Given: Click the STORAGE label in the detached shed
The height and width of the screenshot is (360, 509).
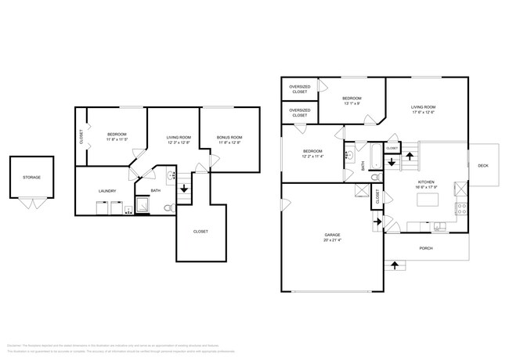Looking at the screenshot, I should coord(31,178).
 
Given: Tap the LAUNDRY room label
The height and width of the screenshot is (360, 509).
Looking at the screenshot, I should coord(107,191).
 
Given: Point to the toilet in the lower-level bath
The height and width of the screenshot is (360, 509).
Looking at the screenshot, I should coord(168,207).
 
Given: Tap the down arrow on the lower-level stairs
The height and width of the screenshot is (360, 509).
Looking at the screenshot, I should coord(185,189).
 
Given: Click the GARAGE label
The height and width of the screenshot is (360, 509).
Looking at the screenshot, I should coord(333,236).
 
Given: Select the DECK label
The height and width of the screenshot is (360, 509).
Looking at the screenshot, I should coord(483,166).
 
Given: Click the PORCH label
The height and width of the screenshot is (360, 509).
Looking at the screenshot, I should coord(426,248).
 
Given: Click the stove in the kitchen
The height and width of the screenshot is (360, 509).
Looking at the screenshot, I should coord(462,209).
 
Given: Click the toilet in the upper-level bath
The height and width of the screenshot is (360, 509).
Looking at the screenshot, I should coord(375,178).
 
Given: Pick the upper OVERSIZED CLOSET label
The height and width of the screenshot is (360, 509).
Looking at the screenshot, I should coord(299,89).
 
